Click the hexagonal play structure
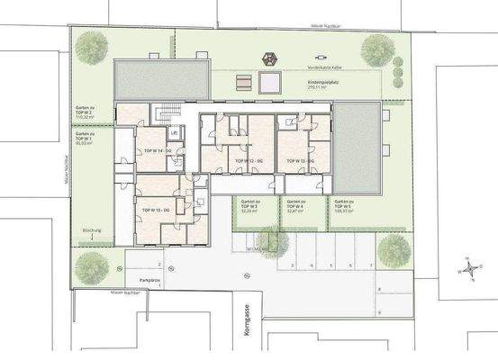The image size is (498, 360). (268, 58)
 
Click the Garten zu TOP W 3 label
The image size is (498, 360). (249, 207)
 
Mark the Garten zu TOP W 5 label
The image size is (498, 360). (346, 207)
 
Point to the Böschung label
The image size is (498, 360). (92, 230)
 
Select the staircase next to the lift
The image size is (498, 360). (164, 115)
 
